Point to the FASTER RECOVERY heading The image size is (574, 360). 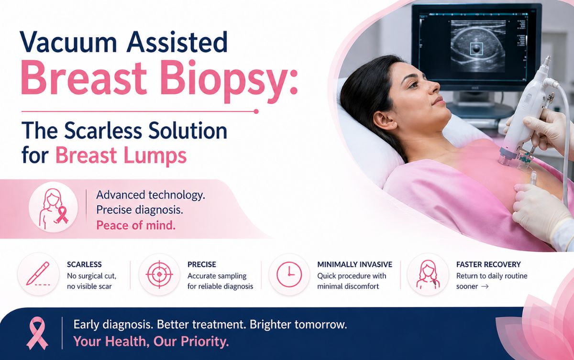[x=488, y=264]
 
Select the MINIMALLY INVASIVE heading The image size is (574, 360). [x=354, y=264]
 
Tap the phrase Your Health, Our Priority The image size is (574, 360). [x=151, y=342]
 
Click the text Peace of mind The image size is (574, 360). [x=136, y=225]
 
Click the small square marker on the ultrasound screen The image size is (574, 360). [x=476, y=48]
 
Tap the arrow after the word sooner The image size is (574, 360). [x=485, y=286]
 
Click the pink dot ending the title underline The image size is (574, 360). [x=256, y=111]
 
